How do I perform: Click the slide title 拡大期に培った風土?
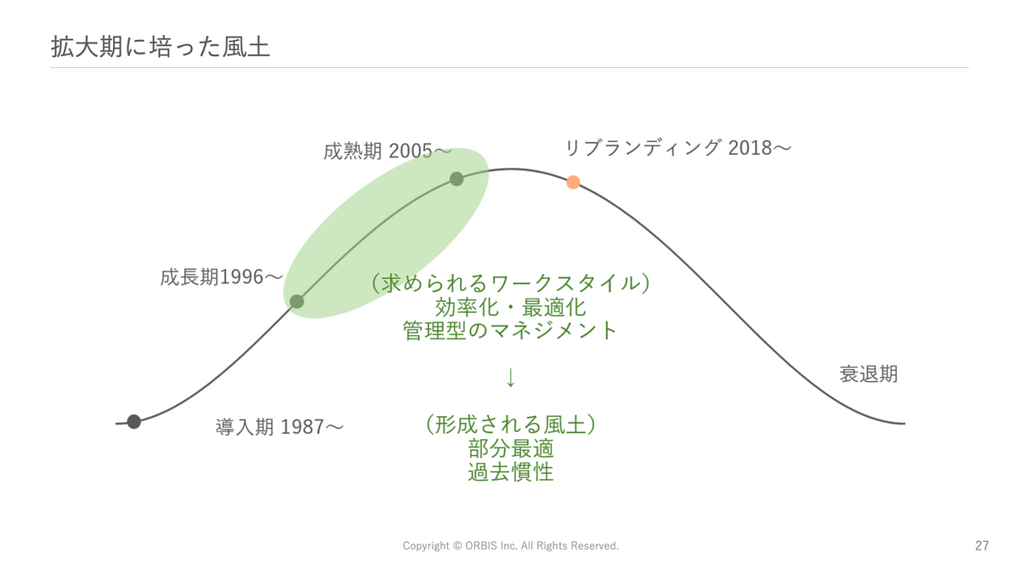[161, 47]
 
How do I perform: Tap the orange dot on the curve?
[573, 182]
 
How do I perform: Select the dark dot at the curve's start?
[134, 421]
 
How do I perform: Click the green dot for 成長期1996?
[297, 301]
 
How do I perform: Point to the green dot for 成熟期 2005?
[456, 179]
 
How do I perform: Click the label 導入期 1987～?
[279, 427]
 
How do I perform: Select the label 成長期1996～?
[221, 277]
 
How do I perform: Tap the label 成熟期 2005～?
[388, 151]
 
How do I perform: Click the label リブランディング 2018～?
[678, 148]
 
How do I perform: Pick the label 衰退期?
[869, 374]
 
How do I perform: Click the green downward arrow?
[511, 377]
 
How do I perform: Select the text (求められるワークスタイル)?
[511, 283]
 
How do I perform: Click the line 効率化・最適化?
[511, 306]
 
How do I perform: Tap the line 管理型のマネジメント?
[511, 330]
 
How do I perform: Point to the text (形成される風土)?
[511, 425]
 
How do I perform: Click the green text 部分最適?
[511, 448]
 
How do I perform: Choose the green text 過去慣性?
[511, 471]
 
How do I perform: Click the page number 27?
[982, 545]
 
